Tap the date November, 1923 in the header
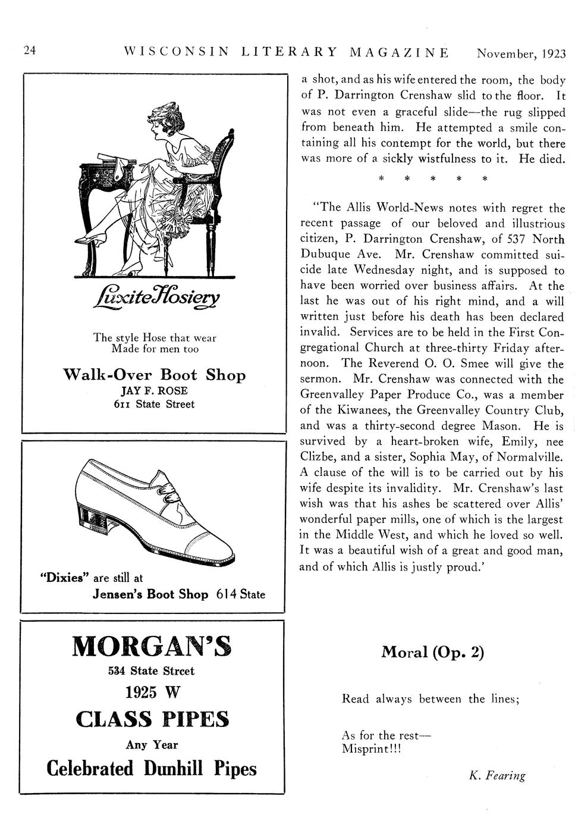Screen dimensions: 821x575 coord(521,54)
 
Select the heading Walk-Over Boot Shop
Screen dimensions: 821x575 coord(154,375)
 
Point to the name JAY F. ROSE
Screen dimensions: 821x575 coord(154,391)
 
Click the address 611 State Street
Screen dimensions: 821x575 coord(154,405)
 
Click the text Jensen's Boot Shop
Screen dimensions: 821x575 coord(150,594)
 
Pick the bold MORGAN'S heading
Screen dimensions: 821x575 coord(152,647)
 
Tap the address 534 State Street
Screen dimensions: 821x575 coord(152,671)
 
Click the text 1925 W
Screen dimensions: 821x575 coord(152,692)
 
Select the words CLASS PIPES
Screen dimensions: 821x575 coord(152,720)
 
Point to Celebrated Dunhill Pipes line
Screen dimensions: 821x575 coord(152,768)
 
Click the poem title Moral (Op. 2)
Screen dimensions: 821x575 coord(432,653)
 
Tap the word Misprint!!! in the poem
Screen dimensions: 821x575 coord(372,749)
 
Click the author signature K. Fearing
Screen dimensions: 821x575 coord(497,775)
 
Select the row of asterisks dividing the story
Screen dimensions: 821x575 coord(433,178)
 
